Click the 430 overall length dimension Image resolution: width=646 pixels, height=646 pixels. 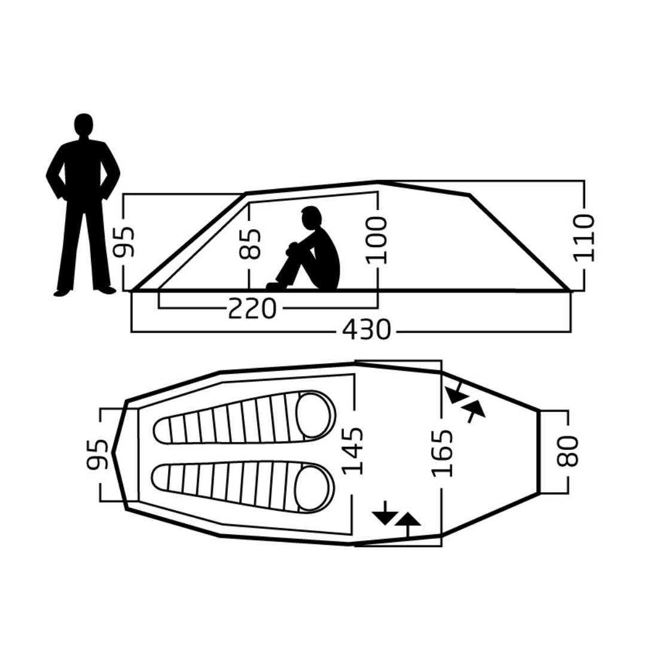[366, 330]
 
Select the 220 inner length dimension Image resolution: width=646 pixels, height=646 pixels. [252, 308]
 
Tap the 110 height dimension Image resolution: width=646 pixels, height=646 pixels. [584, 237]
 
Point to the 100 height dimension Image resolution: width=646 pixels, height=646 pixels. [377, 240]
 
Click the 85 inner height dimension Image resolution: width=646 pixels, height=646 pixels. [249, 244]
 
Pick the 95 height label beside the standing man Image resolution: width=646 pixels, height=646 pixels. [124, 242]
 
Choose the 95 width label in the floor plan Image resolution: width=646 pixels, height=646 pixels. [97, 455]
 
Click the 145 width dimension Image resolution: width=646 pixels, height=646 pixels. [353, 451]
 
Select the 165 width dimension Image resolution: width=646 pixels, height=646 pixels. [442, 453]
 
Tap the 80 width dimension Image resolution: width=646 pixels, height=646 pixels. [568, 451]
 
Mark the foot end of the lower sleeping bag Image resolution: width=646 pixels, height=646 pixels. [161, 477]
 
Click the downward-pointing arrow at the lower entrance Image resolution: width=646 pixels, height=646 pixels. [385, 513]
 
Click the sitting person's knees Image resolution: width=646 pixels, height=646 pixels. [292, 248]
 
